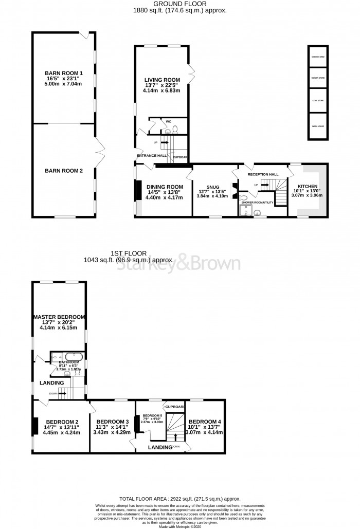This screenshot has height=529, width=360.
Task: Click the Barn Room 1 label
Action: pyautogui.click(x=64, y=74)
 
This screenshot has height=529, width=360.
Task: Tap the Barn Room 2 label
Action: pyautogui.click(x=64, y=171)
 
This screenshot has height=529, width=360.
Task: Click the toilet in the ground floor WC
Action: pyautogui.click(x=175, y=130)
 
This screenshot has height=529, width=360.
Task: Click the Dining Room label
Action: pyautogui.click(x=165, y=187)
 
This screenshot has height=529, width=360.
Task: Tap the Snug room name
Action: pyautogui.click(x=213, y=187)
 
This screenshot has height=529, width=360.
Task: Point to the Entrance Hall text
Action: pyautogui.click(x=151, y=155)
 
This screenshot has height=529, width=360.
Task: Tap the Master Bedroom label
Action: pyautogui.click(x=59, y=317)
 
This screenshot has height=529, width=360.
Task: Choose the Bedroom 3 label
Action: pyautogui.click(x=113, y=421)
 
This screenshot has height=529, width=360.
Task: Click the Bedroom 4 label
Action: pyautogui.click(x=206, y=421)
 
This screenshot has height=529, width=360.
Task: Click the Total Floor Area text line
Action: pyautogui.click(x=179, y=499)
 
